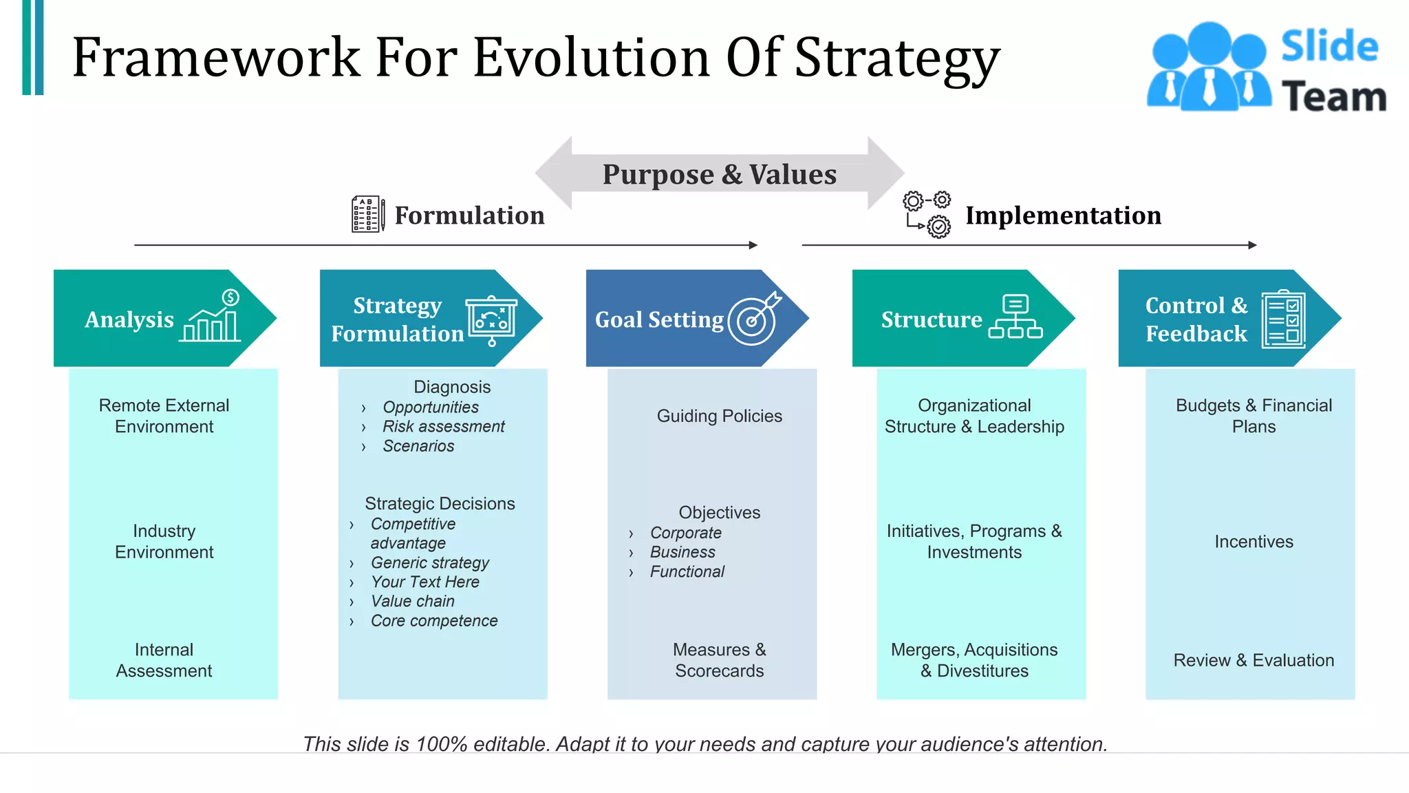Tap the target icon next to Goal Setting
(754, 319)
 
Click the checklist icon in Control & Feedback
(1283, 319)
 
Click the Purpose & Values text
(719, 174)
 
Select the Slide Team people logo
(1208, 67)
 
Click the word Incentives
(1254, 542)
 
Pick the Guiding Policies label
(719, 416)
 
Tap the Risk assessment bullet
(444, 427)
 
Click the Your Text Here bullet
(425, 582)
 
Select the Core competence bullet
(434, 621)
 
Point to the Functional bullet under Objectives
(687, 572)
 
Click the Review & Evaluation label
(1254, 660)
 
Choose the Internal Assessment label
(164, 660)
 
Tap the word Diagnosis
(452, 387)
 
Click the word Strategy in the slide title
(896, 58)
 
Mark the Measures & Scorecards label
(719, 660)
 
